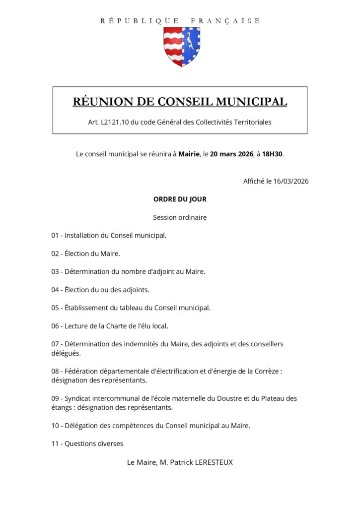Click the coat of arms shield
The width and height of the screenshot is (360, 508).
click(182, 47)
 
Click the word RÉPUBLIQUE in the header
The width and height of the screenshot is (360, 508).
click(140, 21)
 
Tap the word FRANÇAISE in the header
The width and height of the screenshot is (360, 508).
click(225, 21)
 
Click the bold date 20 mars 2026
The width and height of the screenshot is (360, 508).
click(231, 154)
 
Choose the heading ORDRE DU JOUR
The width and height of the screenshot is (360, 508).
click(180, 199)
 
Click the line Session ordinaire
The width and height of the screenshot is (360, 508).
click(180, 217)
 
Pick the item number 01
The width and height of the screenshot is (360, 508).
click(55, 235)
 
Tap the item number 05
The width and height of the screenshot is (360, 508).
click(55, 308)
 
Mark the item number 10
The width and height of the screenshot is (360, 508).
click(55, 425)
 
